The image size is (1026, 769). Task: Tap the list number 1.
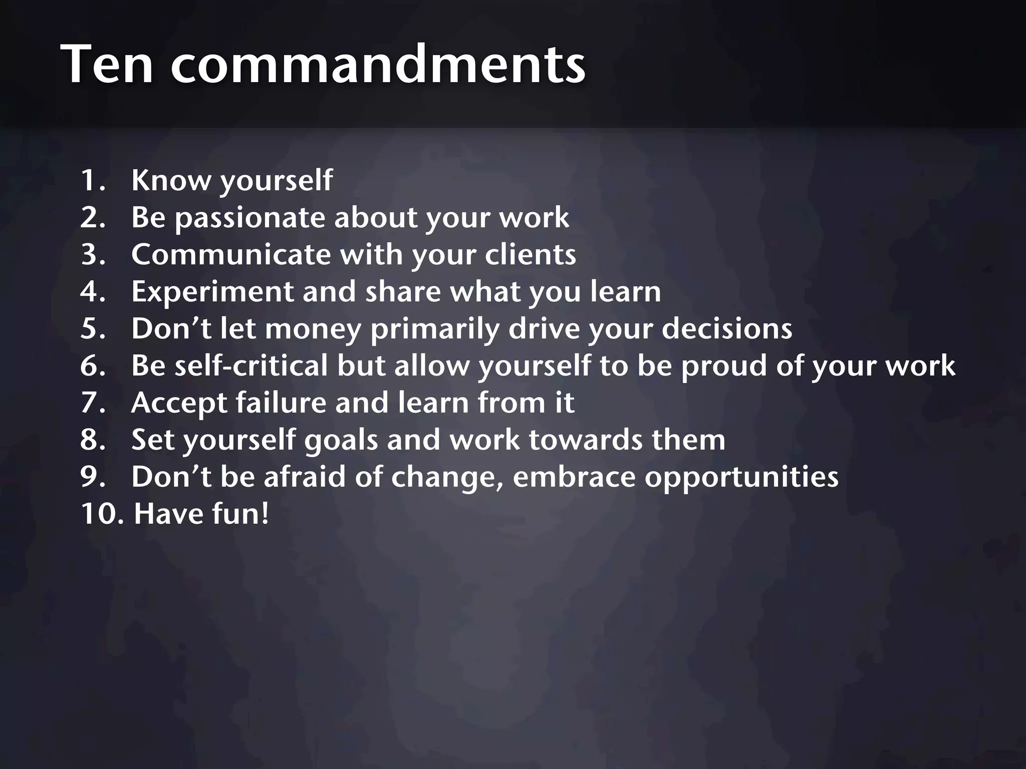coord(92,180)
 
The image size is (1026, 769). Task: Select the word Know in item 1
coord(170,180)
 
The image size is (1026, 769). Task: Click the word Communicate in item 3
coord(231,254)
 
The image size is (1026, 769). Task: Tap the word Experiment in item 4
coord(212,291)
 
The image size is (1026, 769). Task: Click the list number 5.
coord(92,328)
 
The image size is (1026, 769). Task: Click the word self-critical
coord(251,365)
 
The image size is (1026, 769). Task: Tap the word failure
coord(281,403)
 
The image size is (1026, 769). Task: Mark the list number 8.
coord(92,440)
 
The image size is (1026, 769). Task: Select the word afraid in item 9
coord(305,477)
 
